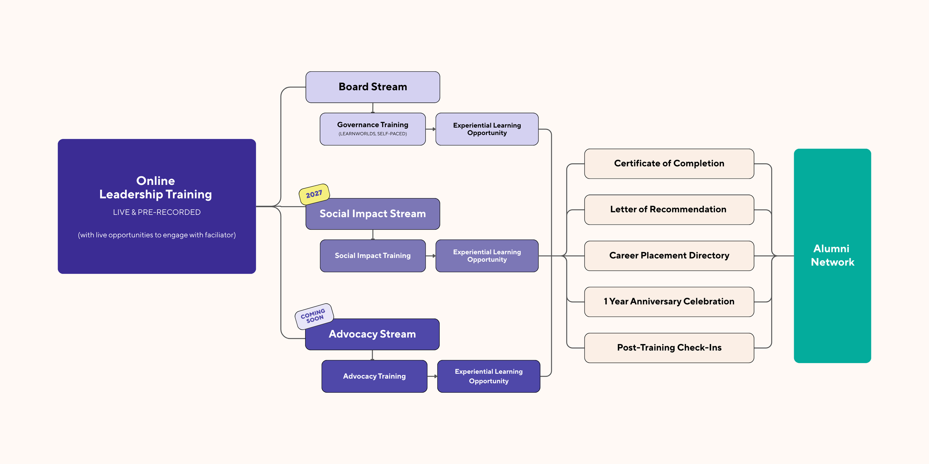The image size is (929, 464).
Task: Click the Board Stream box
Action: coord(373,87)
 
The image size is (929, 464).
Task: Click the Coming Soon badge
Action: coord(314,316)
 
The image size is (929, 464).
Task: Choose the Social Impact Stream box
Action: coord(373,214)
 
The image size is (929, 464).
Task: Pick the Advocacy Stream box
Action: coord(372,334)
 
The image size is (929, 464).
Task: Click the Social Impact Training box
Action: coord(373,256)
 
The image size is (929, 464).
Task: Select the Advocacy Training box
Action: coord(374,376)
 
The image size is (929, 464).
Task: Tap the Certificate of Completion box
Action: coord(669,164)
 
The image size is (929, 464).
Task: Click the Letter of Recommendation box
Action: coord(669,210)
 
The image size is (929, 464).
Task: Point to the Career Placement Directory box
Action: coord(669,256)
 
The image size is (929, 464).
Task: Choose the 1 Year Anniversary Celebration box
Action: coord(669,302)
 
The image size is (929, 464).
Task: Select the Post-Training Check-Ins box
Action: coord(669,348)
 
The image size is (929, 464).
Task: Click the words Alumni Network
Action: coord(832,255)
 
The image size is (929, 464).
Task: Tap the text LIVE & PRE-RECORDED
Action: coord(156,212)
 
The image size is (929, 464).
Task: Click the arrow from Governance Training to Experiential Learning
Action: coord(431,129)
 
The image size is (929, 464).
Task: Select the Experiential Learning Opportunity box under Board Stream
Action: coord(487,129)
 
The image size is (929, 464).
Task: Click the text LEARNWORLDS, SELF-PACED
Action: coord(373,134)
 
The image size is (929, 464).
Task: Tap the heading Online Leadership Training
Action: coord(155,188)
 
